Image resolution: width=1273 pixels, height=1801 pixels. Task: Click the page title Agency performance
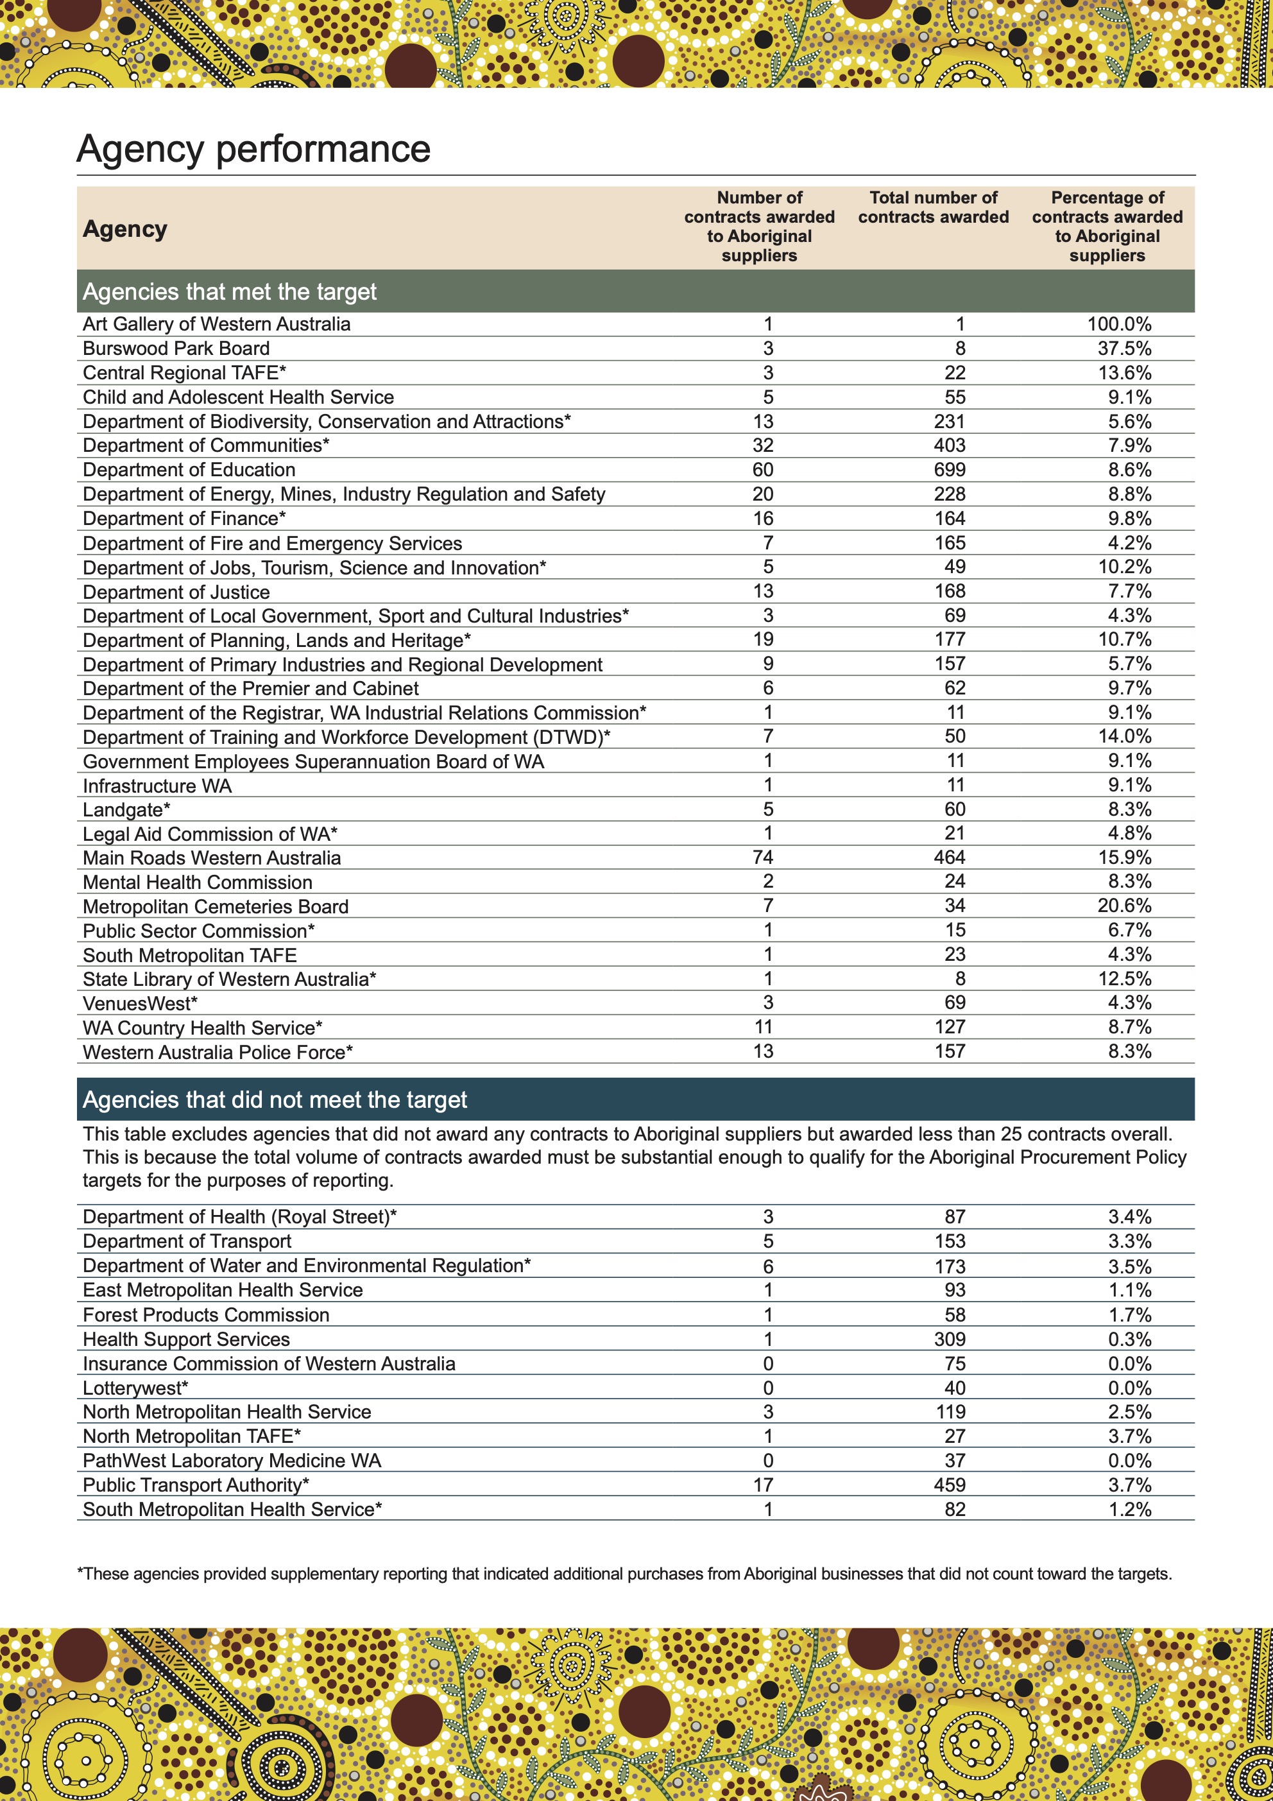point(253,149)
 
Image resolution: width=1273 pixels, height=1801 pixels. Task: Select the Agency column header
point(124,229)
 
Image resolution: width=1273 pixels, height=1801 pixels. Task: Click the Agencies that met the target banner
point(230,292)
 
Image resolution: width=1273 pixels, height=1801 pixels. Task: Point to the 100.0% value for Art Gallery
point(1118,324)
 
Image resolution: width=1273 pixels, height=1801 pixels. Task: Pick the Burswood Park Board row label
point(176,349)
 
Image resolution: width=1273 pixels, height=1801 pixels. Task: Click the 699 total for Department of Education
point(949,470)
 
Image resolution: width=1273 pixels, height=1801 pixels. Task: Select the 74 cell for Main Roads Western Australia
point(762,857)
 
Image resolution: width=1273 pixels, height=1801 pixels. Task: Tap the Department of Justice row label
point(176,592)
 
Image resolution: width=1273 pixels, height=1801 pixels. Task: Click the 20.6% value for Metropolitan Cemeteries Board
point(1124,906)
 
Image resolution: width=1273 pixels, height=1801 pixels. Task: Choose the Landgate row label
point(126,809)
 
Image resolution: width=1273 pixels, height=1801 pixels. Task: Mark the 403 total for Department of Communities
point(949,445)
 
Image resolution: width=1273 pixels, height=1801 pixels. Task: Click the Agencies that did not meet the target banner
point(275,1099)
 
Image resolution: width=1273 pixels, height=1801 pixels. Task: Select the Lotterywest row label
point(135,1388)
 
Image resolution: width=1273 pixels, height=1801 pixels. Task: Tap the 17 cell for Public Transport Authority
point(762,1485)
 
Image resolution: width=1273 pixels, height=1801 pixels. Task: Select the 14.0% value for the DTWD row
point(1124,737)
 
